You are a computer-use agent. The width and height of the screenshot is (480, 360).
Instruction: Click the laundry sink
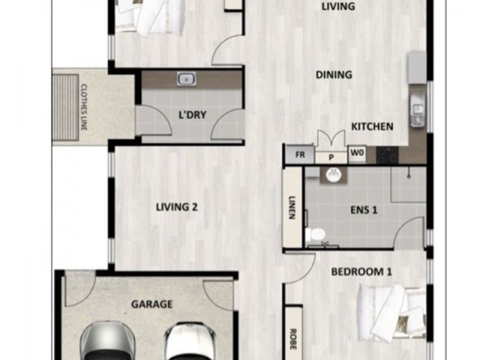[x=187, y=79]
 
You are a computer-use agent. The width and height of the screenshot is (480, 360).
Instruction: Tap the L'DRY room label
[x=192, y=115]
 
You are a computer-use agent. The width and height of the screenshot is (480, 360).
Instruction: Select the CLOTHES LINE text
[x=84, y=107]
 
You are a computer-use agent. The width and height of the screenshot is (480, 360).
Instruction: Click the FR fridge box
[x=300, y=155]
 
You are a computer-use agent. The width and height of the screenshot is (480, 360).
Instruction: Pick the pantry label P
[x=331, y=157]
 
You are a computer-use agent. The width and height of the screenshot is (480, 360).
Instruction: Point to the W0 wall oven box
[x=357, y=152]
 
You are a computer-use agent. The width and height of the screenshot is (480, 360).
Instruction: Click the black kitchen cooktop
[x=387, y=155]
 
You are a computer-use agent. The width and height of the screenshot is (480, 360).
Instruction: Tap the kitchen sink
[x=417, y=110]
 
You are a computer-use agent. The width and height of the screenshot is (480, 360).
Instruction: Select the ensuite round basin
[x=334, y=175]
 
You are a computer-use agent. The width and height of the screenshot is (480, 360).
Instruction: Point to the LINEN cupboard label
[x=292, y=208]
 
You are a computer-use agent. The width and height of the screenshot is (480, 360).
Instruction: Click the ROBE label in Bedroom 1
[x=293, y=339]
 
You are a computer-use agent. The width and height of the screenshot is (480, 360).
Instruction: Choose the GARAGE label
[x=152, y=304]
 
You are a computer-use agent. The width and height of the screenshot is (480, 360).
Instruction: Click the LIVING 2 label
[x=176, y=207]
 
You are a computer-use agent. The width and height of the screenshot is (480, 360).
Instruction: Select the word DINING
[x=334, y=74]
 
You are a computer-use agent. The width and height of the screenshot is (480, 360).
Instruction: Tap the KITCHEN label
[x=372, y=127]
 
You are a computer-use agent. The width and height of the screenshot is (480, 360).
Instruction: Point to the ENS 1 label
[x=364, y=210]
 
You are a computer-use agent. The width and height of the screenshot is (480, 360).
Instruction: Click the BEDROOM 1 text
[x=362, y=272]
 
